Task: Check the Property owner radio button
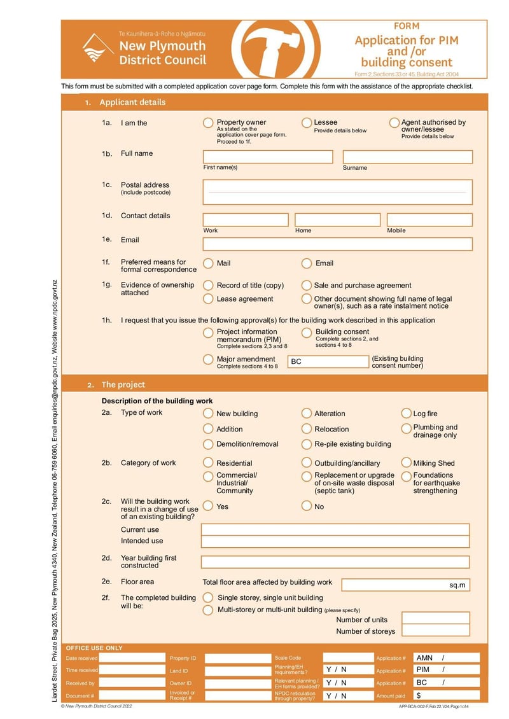208,123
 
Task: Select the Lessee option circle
306,123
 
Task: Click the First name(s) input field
268,157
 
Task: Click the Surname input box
407,157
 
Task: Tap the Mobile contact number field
429,220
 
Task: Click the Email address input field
337,244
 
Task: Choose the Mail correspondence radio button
208,263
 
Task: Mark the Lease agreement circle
208,298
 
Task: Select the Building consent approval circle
306,333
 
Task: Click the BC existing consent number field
328,361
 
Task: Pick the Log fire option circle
407,414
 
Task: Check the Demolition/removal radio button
208,444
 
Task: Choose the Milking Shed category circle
407,463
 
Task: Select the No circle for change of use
306,506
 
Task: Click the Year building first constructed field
335,562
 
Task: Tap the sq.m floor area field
405,585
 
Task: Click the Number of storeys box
436,631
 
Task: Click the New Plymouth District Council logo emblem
98,48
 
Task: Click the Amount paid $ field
446,695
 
